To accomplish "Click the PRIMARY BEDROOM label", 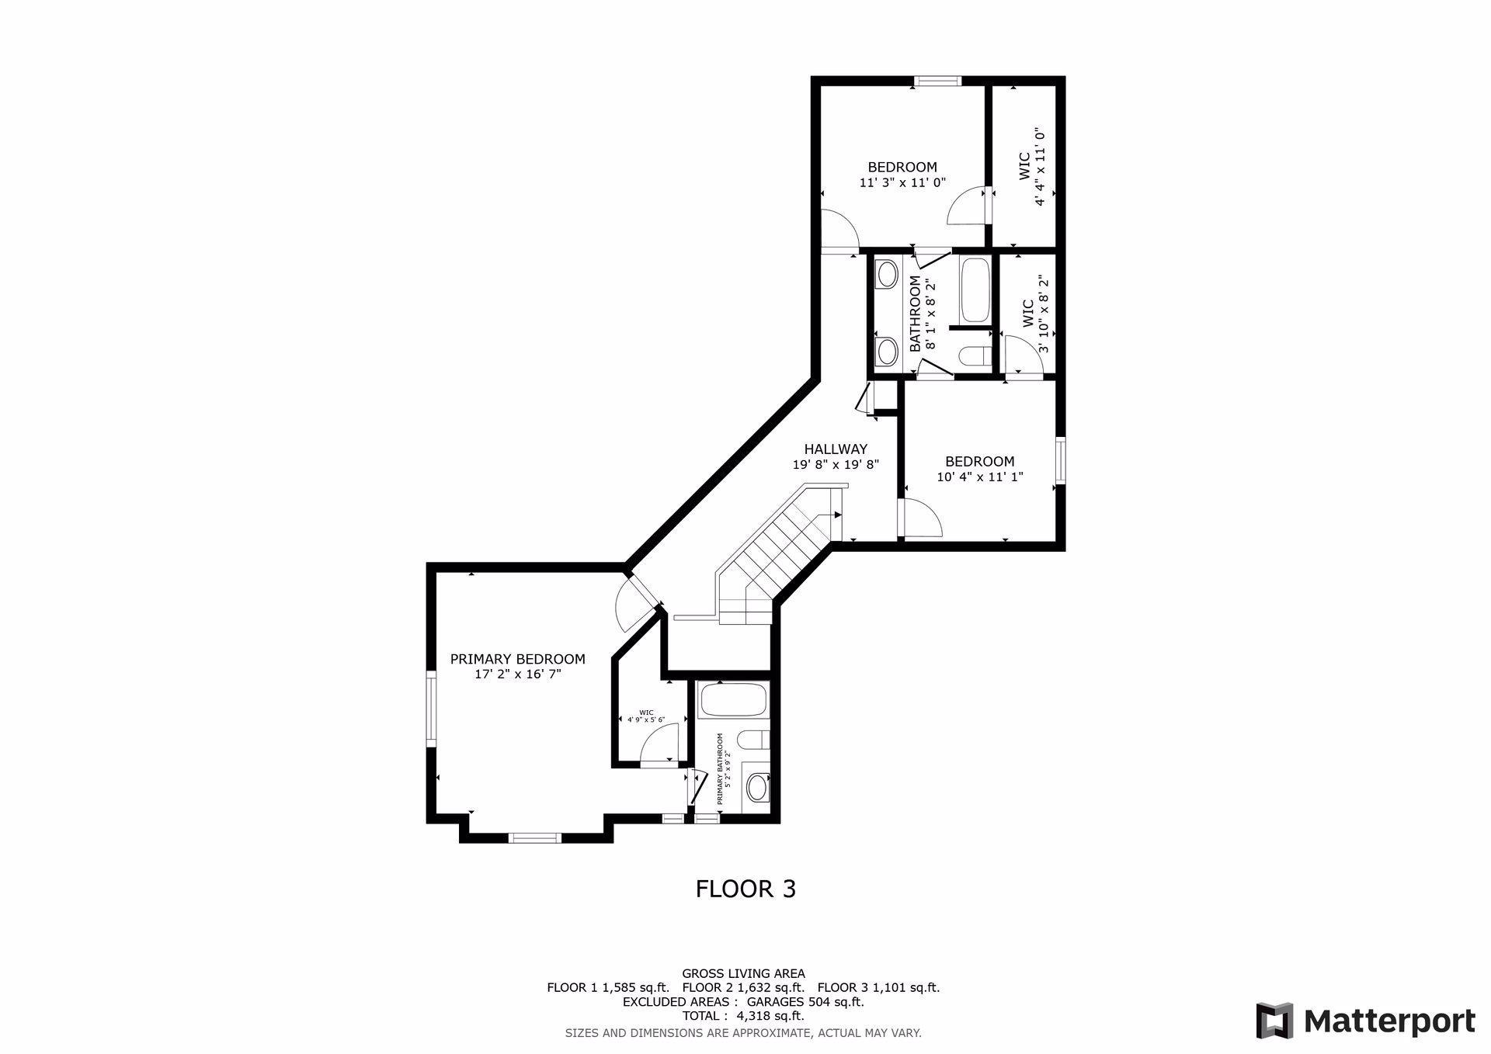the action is coord(517,659).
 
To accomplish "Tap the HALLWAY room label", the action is coord(836,449).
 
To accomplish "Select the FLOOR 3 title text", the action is coord(745,889).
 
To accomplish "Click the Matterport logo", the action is coord(1366,1021).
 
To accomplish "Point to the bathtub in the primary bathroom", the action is coord(733,700).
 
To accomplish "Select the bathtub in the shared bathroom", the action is coord(975,290).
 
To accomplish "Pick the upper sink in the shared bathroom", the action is coord(886,274).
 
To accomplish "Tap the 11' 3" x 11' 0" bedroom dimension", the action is coord(902,183).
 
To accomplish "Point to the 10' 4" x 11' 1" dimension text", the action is coord(980,477).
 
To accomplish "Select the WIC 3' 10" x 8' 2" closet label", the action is coord(1035,314).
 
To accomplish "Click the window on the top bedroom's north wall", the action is coord(937,81).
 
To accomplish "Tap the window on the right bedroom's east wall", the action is coord(1060,463).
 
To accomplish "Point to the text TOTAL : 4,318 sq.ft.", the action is coord(743,1016).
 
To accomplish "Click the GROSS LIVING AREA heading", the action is coord(743,973).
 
